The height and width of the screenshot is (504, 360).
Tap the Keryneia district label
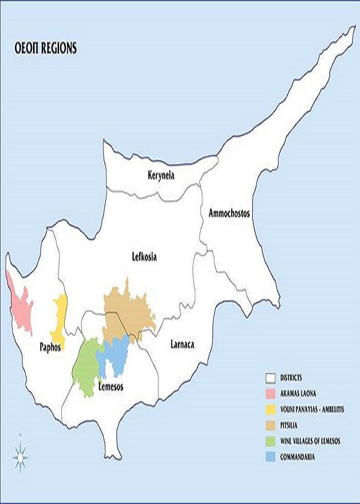(x=161, y=176)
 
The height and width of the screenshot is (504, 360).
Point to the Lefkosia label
(x=145, y=256)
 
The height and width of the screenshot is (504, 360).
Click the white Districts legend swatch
(x=271, y=377)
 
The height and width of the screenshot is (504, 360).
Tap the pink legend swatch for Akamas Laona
(x=271, y=393)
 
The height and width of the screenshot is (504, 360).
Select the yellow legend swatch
(x=271, y=409)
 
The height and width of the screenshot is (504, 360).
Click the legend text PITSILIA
(x=295, y=425)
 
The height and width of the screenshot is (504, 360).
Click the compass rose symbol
(x=21, y=454)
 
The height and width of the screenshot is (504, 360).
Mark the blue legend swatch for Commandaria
(x=271, y=456)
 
